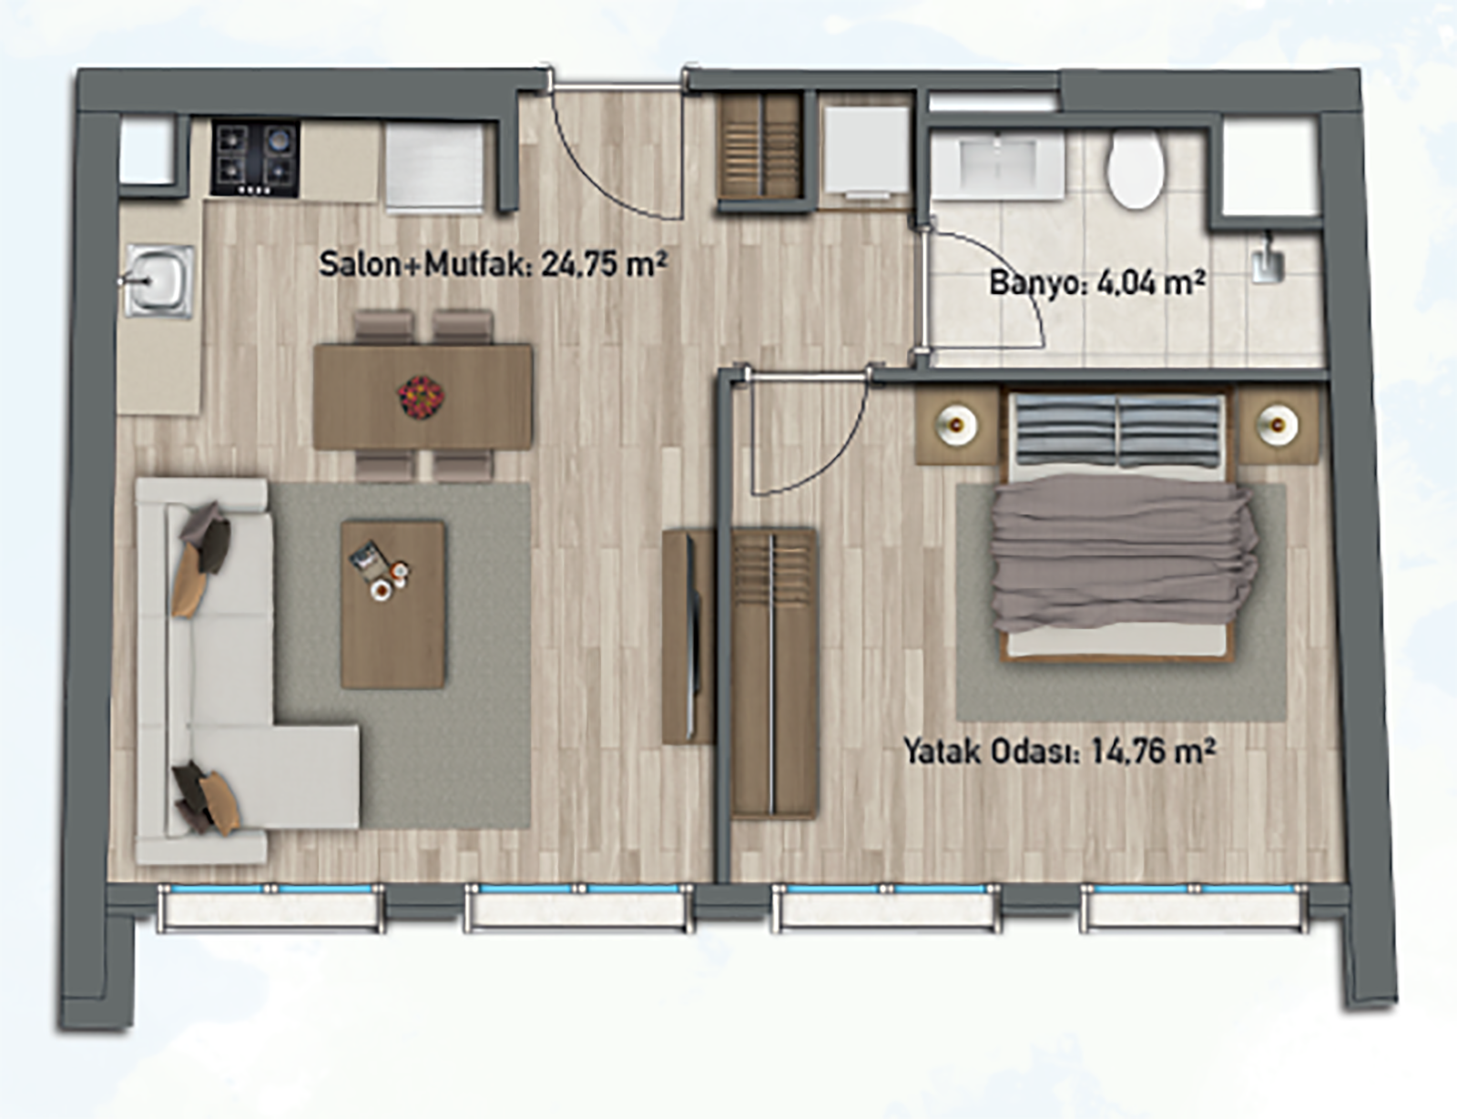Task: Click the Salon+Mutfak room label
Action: click(x=493, y=264)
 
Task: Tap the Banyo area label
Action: click(x=1097, y=283)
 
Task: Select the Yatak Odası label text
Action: click(x=1059, y=751)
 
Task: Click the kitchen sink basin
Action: click(x=159, y=281)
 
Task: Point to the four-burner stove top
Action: click(x=256, y=158)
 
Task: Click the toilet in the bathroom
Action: click(x=1135, y=169)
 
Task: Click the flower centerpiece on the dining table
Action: click(x=420, y=397)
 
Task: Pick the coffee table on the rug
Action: click(x=392, y=605)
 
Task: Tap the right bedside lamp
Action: click(x=1278, y=425)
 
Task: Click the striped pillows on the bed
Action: click(x=1117, y=430)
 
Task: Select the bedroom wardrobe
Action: click(x=774, y=673)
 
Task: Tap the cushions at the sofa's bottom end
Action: click(x=206, y=798)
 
